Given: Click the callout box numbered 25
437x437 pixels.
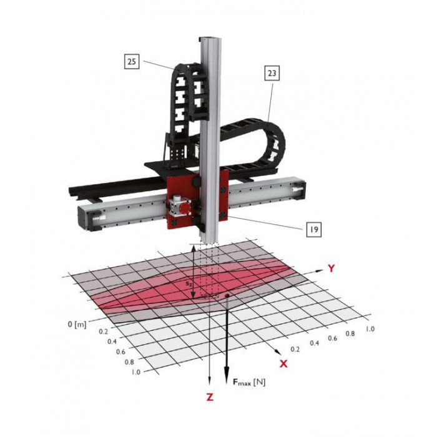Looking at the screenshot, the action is click(132, 61).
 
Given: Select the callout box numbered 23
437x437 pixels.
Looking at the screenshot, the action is click(272, 73).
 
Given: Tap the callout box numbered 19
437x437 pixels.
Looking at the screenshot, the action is click(314, 229).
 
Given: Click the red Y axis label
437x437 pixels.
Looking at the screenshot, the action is click(331, 268).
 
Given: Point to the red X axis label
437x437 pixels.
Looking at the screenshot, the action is click(283, 363).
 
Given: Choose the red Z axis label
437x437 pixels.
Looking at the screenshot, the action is click(210, 396).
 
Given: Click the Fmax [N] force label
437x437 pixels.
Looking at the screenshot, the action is click(249, 382).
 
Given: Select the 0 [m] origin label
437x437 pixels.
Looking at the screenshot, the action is click(77, 324).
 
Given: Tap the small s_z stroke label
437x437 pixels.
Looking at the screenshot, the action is click(189, 284).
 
